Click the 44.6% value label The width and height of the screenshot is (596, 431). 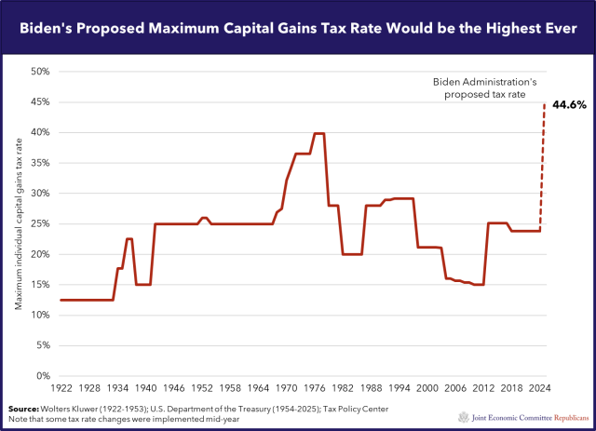[x=570, y=104]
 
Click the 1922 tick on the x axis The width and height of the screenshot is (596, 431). [x=61, y=386]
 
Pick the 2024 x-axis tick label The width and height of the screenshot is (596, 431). [x=541, y=386]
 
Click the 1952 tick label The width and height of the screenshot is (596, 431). [x=204, y=386]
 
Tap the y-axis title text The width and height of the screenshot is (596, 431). [x=19, y=223]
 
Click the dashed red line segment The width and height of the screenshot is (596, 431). [x=543, y=168]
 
